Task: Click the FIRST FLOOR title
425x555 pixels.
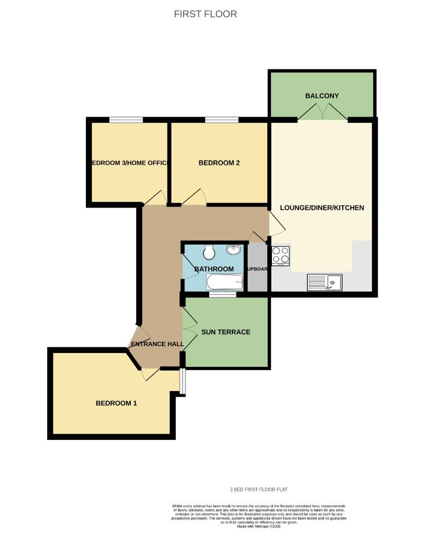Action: click(206, 14)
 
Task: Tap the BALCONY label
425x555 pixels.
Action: click(322, 96)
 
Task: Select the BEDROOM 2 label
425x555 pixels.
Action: click(219, 163)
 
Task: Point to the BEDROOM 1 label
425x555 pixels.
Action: click(116, 403)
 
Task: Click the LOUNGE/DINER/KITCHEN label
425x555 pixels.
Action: click(322, 208)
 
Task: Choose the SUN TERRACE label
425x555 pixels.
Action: click(226, 332)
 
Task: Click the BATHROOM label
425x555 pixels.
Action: click(214, 269)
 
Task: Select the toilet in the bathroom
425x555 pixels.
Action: click(209, 252)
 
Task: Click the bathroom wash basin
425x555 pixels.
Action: click(234, 250)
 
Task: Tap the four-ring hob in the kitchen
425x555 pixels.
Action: click(281, 255)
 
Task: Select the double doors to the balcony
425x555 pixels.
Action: click(322, 112)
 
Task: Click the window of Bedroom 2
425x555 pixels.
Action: click(221, 120)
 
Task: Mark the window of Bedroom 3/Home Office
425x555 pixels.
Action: click(125, 120)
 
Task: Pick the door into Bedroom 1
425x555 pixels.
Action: click(150, 375)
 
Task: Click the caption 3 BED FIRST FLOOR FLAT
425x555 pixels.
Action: click(262, 490)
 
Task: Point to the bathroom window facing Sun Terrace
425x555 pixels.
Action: click(223, 294)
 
